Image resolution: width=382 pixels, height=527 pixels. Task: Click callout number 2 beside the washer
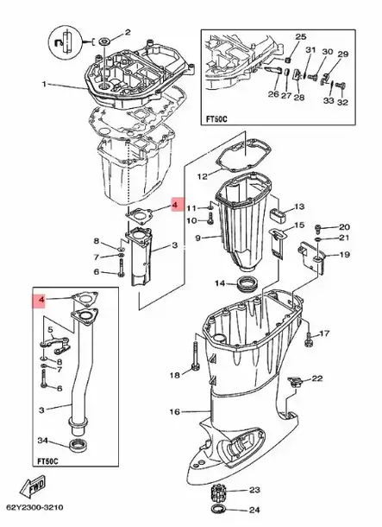pos(127,32)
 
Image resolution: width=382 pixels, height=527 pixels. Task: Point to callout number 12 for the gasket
pos(202,176)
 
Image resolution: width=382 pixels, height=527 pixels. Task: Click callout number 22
pos(316,378)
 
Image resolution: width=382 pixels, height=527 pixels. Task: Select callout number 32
pos(343,101)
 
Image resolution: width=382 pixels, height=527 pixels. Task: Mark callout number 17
pos(326,333)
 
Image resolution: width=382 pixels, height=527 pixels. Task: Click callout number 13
pos(300,207)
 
